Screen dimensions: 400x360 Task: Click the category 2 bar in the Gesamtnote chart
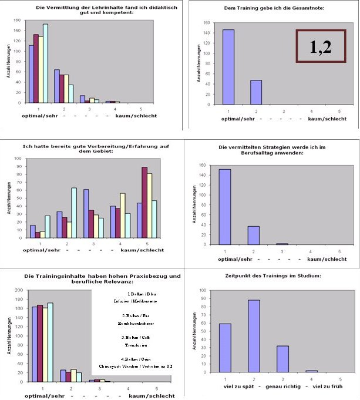point(257,92)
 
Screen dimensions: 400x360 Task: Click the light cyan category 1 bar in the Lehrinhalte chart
point(45,63)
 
